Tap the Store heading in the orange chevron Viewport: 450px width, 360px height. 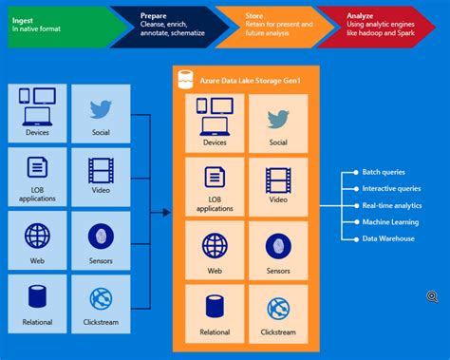pos(254,16)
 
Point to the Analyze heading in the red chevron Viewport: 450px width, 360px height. pos(362,16)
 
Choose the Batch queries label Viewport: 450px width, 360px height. pos(384,172)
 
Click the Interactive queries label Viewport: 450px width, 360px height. pos(390,188)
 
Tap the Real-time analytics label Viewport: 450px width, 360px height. pos(391,205)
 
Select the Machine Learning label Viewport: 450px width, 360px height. pos(389,221)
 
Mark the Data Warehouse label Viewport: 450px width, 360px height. pos(388,238)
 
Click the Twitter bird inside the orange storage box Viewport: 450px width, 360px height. pos(278,119)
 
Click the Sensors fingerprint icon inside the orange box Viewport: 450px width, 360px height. pos(278,245)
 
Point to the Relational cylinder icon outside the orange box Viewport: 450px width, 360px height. pos(37,298)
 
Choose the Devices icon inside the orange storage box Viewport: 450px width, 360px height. pos(215,119)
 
